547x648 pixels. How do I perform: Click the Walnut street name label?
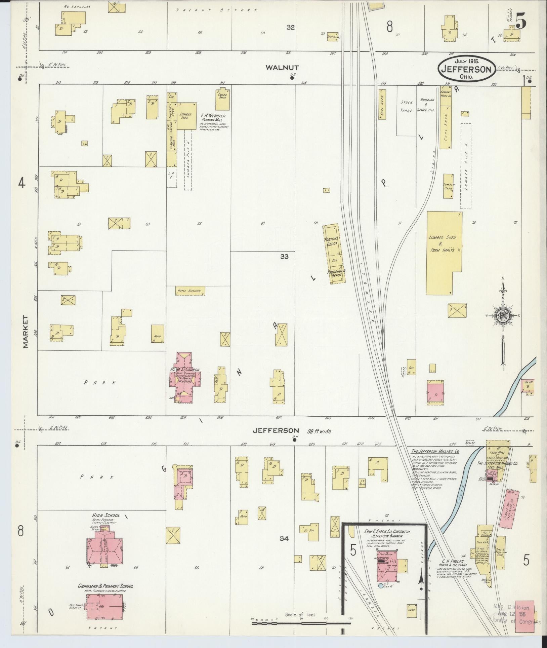click(x=282, y=68)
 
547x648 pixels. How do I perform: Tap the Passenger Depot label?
click(x=335, y=273)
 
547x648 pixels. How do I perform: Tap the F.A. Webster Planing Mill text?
click(x=213, y=118)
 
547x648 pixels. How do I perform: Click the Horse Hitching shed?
click(x=190, y=291)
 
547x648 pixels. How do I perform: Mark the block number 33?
click(x=285, y=257)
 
